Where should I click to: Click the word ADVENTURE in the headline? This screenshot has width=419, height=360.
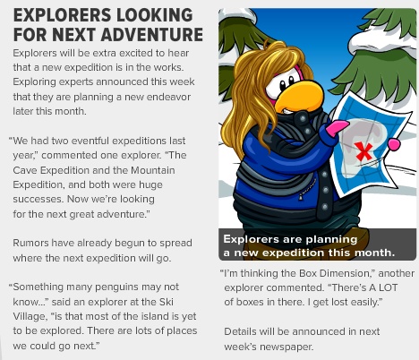pyautogui.click(x=152, y=34)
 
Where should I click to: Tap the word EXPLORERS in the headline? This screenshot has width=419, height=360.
pyautogui.click(x=63, y=15)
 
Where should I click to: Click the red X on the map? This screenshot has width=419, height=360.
pyautogui.click(x=363, y=151)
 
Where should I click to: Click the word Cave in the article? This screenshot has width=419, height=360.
pyautogui.click(x=25, y=170)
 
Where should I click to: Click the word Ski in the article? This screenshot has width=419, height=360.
pyautogui.click(x=167, y=302)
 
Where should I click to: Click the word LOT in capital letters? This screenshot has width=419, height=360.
pyautogui.click(x=388, y=287)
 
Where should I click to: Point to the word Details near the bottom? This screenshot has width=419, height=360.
pyautogui.click(x=240, y=331)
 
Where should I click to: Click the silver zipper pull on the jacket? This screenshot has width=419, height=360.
pyautogui.click(x=301, y=197)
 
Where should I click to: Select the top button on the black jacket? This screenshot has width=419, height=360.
pyautogui.click(x=303, y=119)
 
